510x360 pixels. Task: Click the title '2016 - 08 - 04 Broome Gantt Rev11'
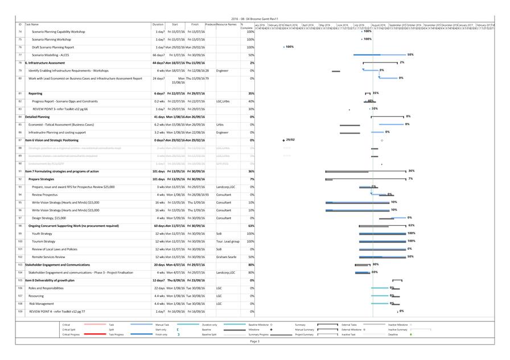pos(254,19)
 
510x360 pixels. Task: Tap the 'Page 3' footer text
pos(254,341)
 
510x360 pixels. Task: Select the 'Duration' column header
pos(158,24)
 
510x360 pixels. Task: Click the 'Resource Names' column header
pos(227,24)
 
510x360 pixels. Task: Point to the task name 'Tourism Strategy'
pos(44,241)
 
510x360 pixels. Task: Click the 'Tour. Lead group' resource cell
pos(228,241)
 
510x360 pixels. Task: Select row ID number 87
pos(20,140)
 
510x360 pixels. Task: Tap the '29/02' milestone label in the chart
pos(290,139)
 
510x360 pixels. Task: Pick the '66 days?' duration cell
pos(158,55)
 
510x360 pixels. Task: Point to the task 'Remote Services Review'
pos(48,256)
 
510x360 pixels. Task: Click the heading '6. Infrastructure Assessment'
pos(45,63)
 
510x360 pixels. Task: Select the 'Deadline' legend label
pos(393,334)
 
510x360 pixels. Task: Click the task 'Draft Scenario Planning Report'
pos(52,47)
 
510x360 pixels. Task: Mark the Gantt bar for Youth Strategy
pos(382,233)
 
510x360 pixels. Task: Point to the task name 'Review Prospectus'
pos(45,195)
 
